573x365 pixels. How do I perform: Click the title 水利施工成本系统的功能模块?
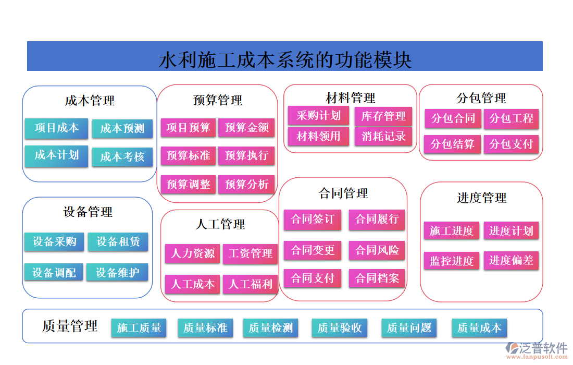click(285, 59)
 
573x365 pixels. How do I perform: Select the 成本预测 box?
click(122, 128)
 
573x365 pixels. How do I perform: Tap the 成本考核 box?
click(122, 157)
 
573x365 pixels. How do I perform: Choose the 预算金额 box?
click(246, 127)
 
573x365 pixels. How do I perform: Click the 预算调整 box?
click(188, 184)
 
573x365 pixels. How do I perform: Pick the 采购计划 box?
click(318, 116)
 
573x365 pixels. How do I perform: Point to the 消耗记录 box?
click(383, 137)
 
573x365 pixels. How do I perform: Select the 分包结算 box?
click(452, 144)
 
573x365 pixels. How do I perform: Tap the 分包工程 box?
click(511, 119)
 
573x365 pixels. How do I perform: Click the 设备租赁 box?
click(118, 241)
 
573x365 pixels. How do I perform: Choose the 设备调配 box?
click(54, 272)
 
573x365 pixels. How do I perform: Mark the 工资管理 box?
click(251, 254)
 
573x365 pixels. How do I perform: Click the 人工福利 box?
click(251, 284)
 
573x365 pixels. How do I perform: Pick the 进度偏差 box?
click(511, 260)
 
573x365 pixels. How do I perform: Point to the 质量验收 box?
click(340, 328)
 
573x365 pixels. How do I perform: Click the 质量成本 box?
click(479, 328)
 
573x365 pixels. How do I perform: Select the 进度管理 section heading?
click(481, 198)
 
